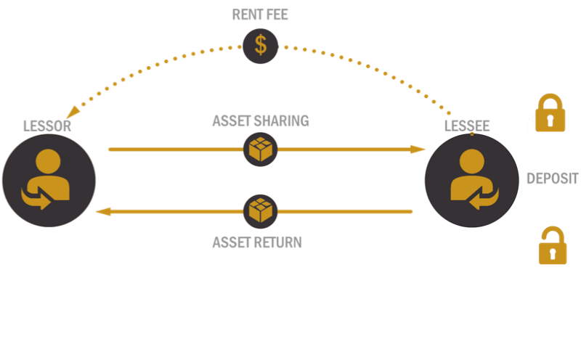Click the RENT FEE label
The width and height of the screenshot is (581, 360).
260,15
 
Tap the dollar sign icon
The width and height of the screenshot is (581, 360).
260,46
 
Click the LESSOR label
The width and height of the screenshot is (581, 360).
46,126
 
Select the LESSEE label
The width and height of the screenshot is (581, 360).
466,126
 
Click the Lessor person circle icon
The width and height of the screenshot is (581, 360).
49,181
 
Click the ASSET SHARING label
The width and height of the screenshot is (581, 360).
260,120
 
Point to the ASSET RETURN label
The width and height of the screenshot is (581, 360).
257,242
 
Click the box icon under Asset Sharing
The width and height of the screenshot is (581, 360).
260,150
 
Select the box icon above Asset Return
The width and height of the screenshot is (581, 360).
260,211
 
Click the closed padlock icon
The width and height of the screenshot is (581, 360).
550,113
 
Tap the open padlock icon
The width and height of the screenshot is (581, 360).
553,246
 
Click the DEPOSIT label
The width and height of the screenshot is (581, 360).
553,179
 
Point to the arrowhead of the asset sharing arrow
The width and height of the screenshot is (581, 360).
418,150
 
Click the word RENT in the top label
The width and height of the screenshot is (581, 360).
245,15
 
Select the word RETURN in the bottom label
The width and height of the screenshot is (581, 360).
277,242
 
